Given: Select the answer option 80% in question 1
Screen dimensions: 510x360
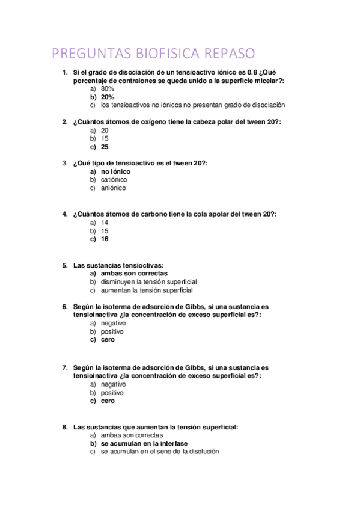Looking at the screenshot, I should click(x=108, y=88).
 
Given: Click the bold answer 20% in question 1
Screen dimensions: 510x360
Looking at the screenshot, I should click(x=108, y=97).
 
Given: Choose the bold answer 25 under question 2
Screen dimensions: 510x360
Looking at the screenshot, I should click(x=105, y=146).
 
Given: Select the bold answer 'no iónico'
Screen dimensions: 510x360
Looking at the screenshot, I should click(x=115, y=171).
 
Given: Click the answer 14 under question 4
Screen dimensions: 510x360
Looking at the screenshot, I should click(x=105, y=222).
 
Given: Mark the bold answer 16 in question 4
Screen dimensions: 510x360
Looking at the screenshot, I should click(x=105, y=239).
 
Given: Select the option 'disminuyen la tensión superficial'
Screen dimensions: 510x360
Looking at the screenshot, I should click(x=149, y=281).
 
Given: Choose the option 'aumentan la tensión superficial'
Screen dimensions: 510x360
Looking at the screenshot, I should click(x=147, y=290).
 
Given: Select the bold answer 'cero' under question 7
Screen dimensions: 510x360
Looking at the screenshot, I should click(x=108, y=401).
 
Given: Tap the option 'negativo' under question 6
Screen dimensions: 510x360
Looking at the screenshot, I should click(x=114, y=323).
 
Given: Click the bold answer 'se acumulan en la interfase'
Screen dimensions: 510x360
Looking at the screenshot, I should click(x=140, y=443).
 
